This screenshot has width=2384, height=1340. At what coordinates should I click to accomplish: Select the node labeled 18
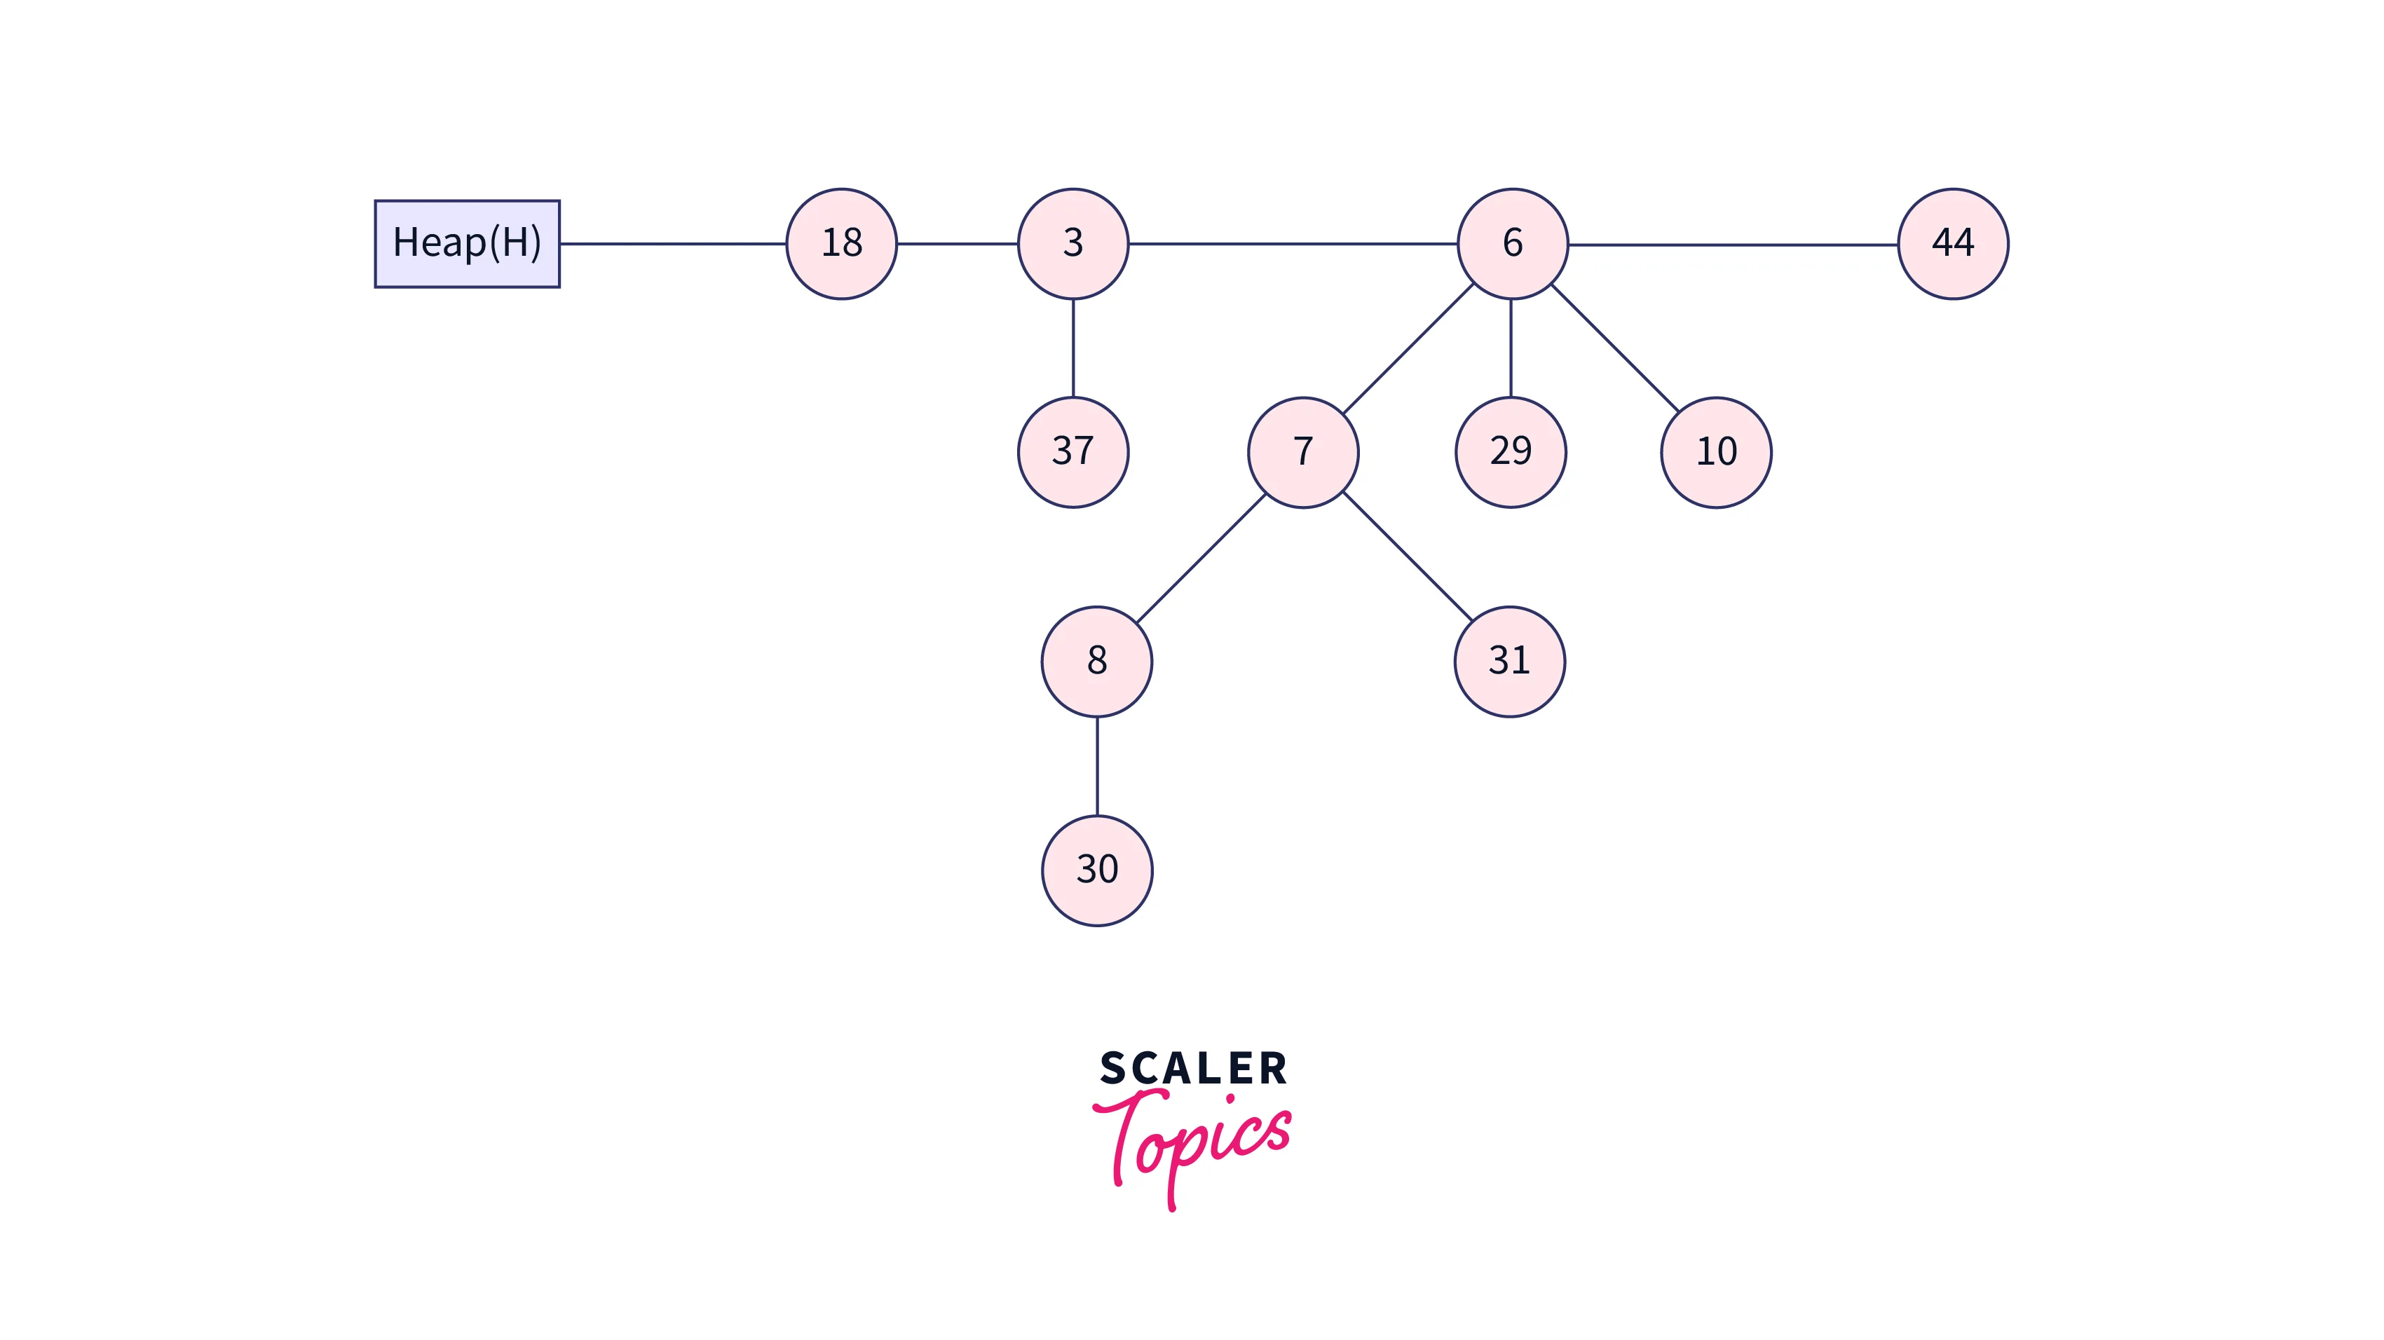pyautogui.click(x=841, y=243)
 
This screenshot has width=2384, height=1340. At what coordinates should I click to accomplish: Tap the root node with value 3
pyautogui.click(x=1072, y=243)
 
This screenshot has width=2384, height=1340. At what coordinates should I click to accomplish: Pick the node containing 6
pyautogui.click(x=1512, y=243)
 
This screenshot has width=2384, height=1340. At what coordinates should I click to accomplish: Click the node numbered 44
pyautogui.click(x=1953, y=243)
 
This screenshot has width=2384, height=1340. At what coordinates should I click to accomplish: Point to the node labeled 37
pyautogui.click(x=1072, y=451)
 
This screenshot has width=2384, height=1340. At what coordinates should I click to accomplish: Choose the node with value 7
pyautogui.click(x=1303, y=451)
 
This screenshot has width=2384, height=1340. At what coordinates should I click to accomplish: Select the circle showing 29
pyautogui.click(x=1511, y=451)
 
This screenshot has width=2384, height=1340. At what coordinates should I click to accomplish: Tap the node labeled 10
pyautogui.click(x=1716, y=451)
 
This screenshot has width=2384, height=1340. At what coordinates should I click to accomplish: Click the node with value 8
pyautogui.click(x=1097, y=661)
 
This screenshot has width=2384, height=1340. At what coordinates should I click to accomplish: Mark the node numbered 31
pyautogui.click(x=1509, y=661)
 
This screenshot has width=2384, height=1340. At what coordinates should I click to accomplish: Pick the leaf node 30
pyautogui.click(x=1097, y=870)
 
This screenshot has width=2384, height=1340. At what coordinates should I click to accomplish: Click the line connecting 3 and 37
pyautogui.click(x=1072, y=348)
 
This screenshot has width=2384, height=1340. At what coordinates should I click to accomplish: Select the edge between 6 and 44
pyautogui.click(x=1733, y=245)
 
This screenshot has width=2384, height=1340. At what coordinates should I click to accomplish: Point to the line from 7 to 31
pyautogui.click(x=1407, y=556)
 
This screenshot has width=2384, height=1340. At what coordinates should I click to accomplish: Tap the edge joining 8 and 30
pyautogui.click(x=1097, y=765)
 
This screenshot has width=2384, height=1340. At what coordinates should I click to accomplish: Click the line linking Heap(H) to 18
pyautogui.click(x=673, y=243)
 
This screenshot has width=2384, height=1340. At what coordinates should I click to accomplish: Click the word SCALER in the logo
pyautogui.click(x=1193, y=1069)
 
